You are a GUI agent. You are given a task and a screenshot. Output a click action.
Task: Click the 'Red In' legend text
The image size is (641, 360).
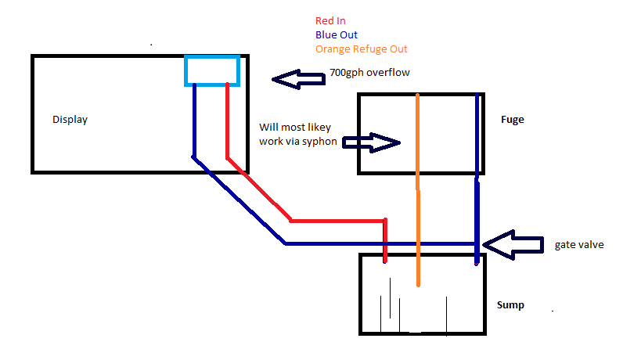click(331, 20)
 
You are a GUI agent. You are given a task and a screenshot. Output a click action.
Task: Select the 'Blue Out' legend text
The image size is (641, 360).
click(337, 34)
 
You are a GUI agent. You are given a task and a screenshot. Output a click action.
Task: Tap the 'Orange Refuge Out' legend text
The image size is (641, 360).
click(361, 49)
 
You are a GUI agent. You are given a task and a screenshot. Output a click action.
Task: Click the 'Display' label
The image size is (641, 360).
click(70, 120)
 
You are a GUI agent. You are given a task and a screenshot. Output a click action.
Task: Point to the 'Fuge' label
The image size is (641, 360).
click(512, 120)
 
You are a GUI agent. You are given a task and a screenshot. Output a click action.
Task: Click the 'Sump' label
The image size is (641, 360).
click(510, 304)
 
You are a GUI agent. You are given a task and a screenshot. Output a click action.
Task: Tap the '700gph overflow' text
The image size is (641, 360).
click(369, 73)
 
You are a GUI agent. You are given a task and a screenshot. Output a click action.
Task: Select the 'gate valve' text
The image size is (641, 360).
click(579, 245)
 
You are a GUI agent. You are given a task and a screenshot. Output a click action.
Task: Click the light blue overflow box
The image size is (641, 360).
click(211, 70)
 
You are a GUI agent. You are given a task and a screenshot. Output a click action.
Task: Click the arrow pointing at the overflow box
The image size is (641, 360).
click(297, 78)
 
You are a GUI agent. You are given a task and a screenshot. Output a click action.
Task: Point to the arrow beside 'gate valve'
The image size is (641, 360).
click(513, 244)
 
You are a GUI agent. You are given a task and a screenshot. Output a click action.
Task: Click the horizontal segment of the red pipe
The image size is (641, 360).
click(337, 221)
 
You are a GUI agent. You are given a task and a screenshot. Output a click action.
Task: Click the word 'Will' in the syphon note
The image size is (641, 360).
click(268, 127)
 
